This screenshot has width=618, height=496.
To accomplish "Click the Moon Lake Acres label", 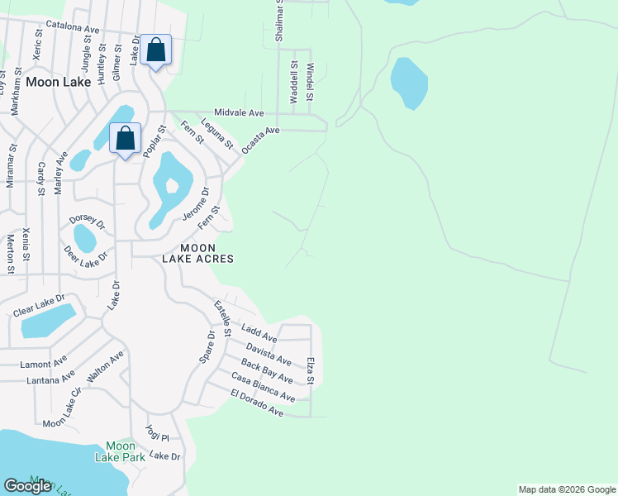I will click(x=207, y=253).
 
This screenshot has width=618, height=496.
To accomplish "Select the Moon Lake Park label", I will click(x=120, y=451).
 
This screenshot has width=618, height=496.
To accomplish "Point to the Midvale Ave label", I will click(x=238, y=112).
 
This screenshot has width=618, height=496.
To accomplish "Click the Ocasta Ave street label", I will click(x=261, y=141).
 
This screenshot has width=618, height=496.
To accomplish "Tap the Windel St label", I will click(x=311, y=83).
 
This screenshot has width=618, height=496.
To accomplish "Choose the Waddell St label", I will click(x=293, y=81).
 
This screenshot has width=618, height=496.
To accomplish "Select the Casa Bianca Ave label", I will click(x=263, y=387).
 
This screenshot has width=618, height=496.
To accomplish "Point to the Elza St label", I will click(x=311, y=370).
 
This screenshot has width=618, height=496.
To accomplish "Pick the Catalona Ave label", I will click(x=73, y=26).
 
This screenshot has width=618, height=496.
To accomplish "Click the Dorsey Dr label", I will click(x=88, y=222).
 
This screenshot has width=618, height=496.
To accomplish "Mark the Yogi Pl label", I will click(x=157, y=433).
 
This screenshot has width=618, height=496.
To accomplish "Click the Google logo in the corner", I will click(x=27, y=486).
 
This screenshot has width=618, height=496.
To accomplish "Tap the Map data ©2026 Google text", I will click(x=566, y=489).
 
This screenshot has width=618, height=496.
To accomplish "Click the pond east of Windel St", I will click(x=409, y=83).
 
